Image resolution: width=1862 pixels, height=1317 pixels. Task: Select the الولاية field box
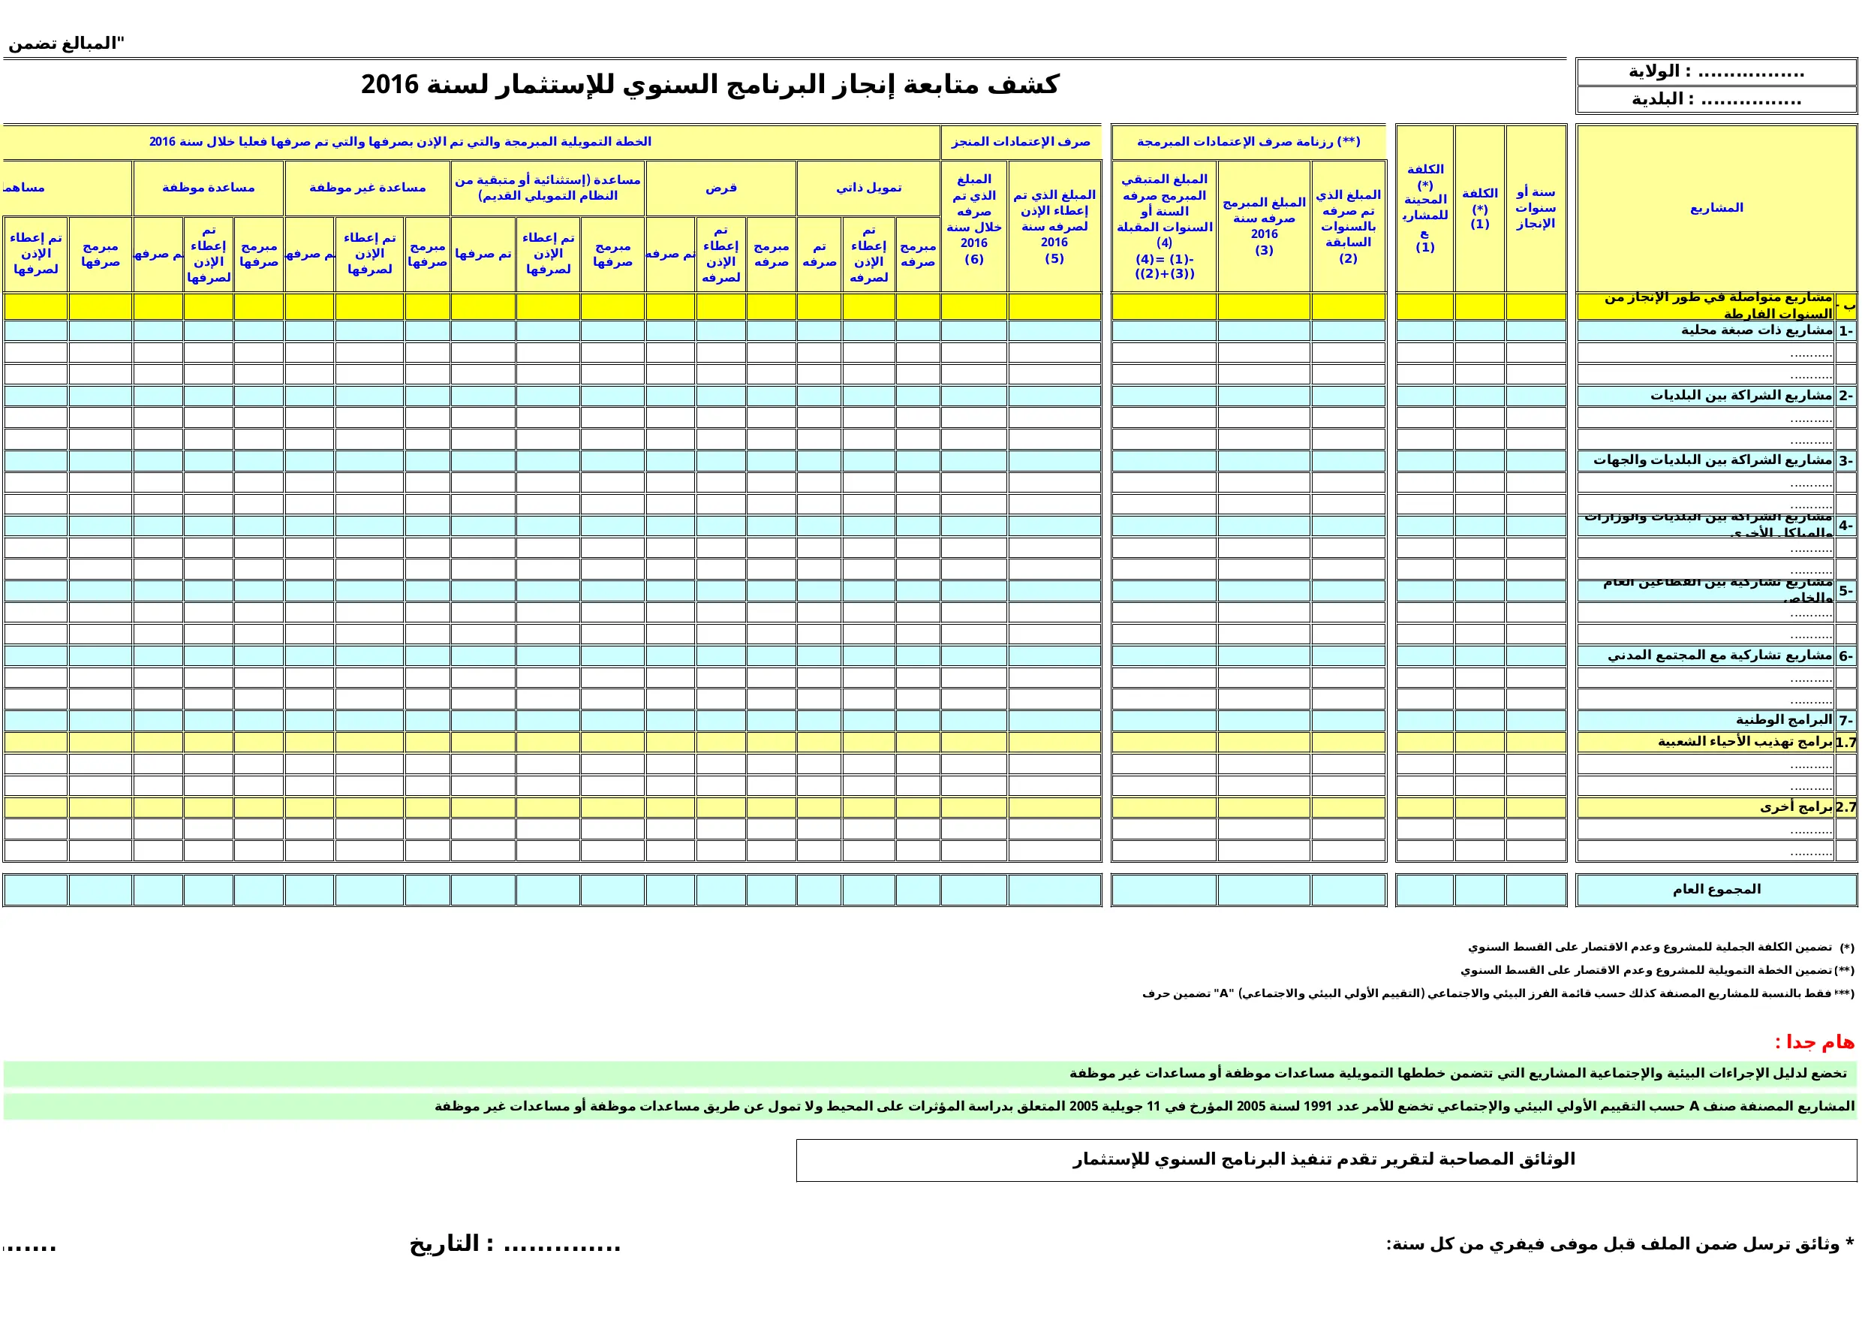coord(1715,71)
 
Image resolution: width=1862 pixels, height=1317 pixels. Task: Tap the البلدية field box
coord(1715,100)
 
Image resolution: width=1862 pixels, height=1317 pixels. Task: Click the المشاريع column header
coord(1716,208)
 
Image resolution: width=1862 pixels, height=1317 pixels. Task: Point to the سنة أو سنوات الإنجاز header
coord(1536,208)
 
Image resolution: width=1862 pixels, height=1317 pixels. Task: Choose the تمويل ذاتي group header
coord(868,188)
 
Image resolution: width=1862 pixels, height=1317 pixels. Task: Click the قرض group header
coord(720,188)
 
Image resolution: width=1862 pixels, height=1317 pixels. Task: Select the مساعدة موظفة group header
coord(208,188)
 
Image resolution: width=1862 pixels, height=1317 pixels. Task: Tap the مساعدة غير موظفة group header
coord(368,188)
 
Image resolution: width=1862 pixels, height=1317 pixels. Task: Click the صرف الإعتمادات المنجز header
coord(1020,142)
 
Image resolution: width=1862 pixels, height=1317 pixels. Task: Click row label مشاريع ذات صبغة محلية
coord(1757,330)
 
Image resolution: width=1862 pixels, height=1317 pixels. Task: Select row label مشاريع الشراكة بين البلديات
coord(1741,395)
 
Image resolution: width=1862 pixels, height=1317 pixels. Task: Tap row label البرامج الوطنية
coord(1783,720)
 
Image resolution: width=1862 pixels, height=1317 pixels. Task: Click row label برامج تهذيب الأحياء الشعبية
coord(1745,742)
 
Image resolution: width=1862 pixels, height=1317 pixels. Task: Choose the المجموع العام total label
coord(1716,889)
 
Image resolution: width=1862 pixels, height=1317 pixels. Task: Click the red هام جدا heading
coord(1814,1042)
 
